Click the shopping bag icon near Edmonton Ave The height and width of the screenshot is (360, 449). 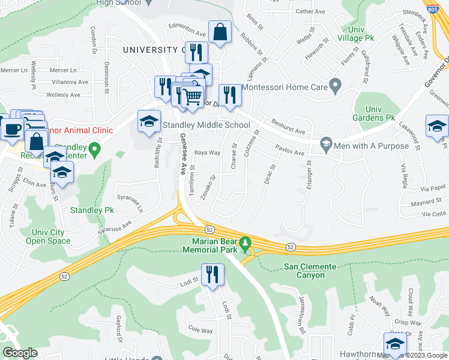pyautogui.click(x=220, y=32)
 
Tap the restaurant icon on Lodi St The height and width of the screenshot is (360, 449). pyautogui.click(x=212, y=275)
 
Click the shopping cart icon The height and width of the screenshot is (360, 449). pyautogui.click(x=192, y=95)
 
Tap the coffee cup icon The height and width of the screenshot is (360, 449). pyautogui.click(x=13, y=128)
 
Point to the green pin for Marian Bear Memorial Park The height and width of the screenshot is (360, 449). pyautogui.click(x=245, y=243)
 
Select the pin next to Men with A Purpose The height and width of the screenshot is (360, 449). pyautogui.click(x=326, y=143)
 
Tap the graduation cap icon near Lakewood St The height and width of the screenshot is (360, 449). pyautogui.click(x=438, y=127)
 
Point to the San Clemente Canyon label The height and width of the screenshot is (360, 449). pyautogui.click(x=304, y=271)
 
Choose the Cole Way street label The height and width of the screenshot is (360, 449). pyautogui.click(x=200, y=330)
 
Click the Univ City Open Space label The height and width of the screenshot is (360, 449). pyautogui.click(x=47, y=236)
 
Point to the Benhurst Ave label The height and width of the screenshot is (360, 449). pyautogui.click(x=287, y=127)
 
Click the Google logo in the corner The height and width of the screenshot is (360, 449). pyautogui.click(x=20, y=353)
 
